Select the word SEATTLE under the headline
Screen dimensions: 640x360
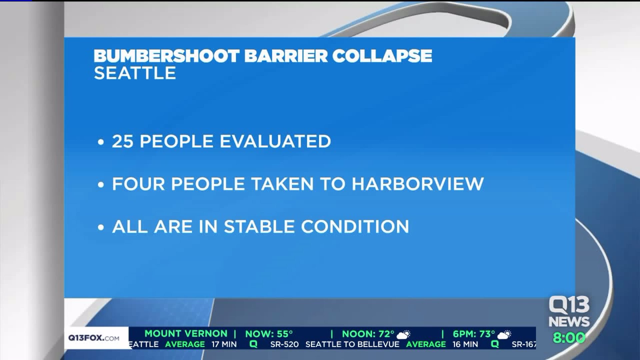pos(135,73)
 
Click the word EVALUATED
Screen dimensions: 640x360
pos(275,141)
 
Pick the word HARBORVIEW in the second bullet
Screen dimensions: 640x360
pos(418,184)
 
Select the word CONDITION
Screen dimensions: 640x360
pos(355,227)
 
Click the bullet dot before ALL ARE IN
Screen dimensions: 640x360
pos(101,228)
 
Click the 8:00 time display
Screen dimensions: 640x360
pos(569,338)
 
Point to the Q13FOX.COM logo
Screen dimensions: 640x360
pos(94,338)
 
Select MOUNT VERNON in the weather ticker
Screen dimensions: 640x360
pos(186,333)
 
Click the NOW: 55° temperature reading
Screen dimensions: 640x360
pos(269,334)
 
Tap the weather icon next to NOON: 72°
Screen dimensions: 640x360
pos(404,334)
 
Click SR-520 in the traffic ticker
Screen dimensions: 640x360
pos(284,344)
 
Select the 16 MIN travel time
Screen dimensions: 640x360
pos(465,344)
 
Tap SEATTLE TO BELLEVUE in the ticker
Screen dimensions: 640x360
pos(352,344)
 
